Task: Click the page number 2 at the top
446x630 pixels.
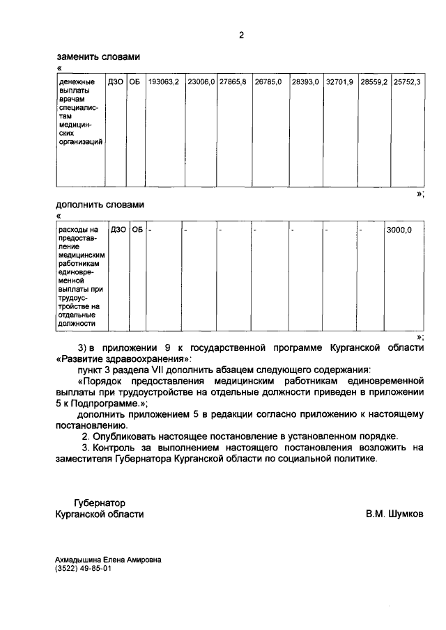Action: [240, 35]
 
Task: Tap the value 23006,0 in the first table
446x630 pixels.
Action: [201, 82]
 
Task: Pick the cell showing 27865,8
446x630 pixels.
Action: [233, 82]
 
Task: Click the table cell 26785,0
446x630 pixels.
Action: [268, 82]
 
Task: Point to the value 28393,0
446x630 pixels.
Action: [305, 82]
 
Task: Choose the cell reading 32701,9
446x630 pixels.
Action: [340, 82]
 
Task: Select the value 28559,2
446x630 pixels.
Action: [374, 82]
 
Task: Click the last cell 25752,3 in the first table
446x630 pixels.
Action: [407, 82]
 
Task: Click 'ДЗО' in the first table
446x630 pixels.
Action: [116, 82]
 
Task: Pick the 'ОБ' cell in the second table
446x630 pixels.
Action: [137, 230]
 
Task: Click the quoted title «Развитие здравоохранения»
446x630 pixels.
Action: [123, 359]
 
